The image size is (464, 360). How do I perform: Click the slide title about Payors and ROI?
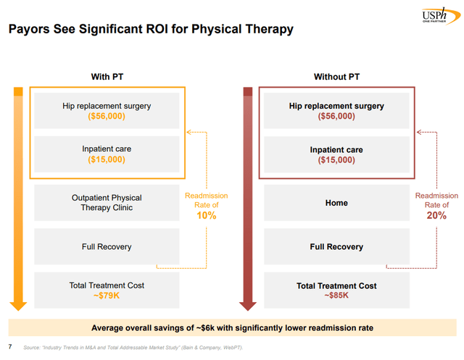(x=150, y=30)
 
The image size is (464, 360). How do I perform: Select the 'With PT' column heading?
(x=106, y=77)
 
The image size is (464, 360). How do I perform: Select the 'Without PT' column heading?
(x=336, y=77)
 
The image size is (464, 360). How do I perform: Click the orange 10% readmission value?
(x=206, y=217)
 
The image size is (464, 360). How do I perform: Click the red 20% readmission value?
(x=436, y=217)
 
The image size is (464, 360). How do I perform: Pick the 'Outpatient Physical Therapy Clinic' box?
(x=107, y=203)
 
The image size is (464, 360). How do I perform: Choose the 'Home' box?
(x=336, y=203)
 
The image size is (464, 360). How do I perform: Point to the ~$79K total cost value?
(x=107, y=296)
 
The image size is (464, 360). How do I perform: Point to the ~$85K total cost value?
(x=336, y=296)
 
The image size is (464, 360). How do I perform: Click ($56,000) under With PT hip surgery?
(x=107, y=116)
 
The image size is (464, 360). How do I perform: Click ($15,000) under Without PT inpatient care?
(x=336, y=160)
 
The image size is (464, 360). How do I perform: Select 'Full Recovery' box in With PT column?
(x=107, y=247)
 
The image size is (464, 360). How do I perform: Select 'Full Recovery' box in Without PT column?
(x=336, y=247)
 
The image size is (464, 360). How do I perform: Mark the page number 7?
(x=10, y=347)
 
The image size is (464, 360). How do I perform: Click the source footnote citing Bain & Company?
(x=133, y=348)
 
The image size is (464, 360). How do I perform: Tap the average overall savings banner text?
(x=233, y=327)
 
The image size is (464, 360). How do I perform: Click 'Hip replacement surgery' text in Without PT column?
(x=336, y=106)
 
